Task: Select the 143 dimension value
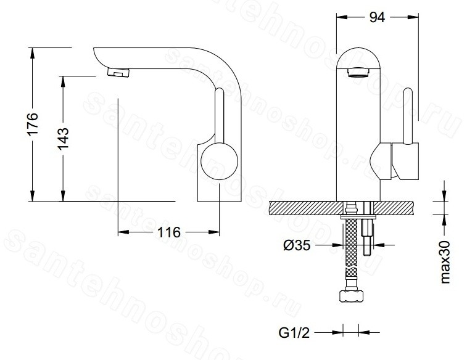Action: pos(63,139)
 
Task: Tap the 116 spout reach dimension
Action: pos(168,232)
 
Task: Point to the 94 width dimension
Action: pos(377,17)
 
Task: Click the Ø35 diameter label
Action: pos(297,245)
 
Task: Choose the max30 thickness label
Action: pos(445,262)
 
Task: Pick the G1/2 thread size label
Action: pos(294,333)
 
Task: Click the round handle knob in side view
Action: pos(220,162)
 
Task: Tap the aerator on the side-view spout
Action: pos(118,72)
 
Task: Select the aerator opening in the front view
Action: pos(358,72)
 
